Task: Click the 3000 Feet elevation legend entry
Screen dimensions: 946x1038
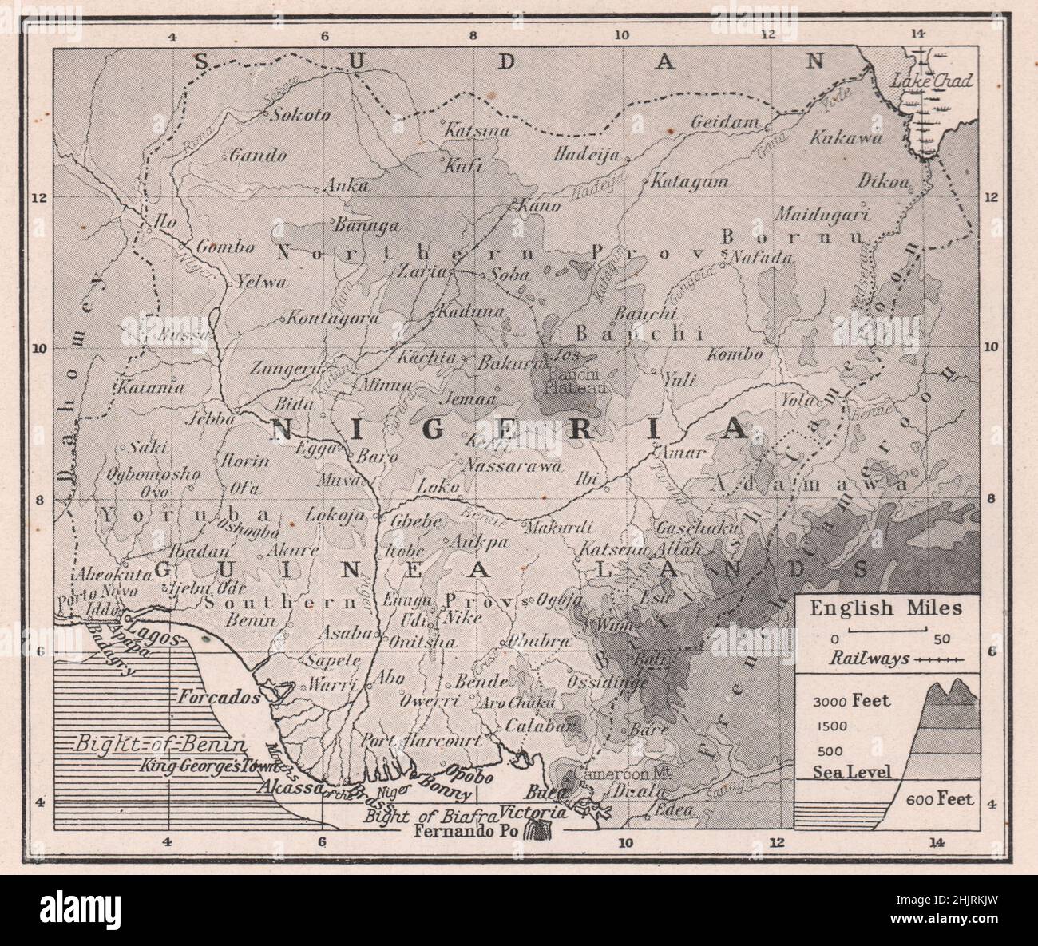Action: [851, 702]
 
